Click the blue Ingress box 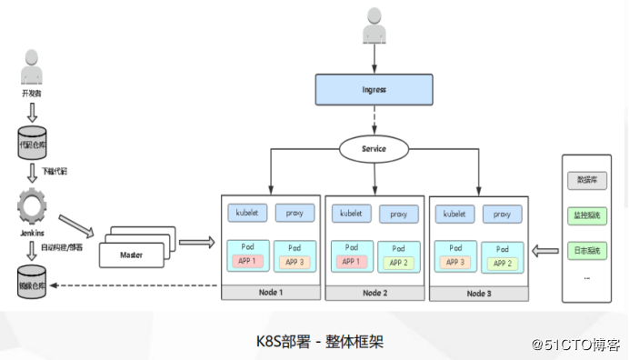[373, 90]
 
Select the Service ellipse [373, 148]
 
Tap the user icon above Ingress [374, 26]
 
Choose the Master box [134, 255]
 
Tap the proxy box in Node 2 [398, 215]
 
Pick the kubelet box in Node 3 [454, 215]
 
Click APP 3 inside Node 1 [295, 263]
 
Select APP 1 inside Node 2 [350, 263]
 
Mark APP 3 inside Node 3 [454, 263]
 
